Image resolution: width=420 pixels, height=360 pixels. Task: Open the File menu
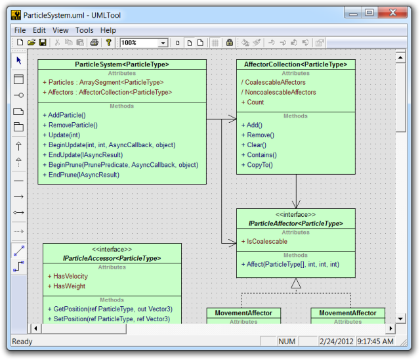coord(20,30)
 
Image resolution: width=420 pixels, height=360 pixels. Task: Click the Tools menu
coord(85,30)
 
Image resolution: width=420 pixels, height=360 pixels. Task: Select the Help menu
coord(108,30)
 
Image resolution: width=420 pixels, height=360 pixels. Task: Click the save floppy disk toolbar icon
coord(43,42)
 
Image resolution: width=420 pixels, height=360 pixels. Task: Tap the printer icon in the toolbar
coord(94,42)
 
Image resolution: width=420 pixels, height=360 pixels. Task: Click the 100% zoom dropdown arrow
coord(163,43)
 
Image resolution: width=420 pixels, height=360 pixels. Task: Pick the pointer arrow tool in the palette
coord(19,60)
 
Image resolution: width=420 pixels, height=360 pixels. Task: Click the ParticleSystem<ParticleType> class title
coord(122,64)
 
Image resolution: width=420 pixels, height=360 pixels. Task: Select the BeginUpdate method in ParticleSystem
coord(110,145)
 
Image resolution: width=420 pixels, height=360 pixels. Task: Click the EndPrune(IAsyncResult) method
coord(81,175)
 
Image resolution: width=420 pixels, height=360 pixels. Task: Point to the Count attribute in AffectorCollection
coord(253,102)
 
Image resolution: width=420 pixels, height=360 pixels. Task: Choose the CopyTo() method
coord(257,165)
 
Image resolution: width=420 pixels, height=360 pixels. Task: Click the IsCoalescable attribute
coord(264,242)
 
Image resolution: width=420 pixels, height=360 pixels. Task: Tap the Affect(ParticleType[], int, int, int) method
coord(290,265)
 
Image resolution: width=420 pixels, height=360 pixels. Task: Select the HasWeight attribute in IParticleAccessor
coord(67,286)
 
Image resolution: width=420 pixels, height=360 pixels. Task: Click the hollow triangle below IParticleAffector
coord(296,283)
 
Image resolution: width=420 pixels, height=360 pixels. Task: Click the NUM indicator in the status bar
coord(287,342)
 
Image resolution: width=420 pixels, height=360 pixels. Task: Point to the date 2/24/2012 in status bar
coord(337,342)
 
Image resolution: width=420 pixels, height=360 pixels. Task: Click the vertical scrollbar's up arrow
coord(400,57)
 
